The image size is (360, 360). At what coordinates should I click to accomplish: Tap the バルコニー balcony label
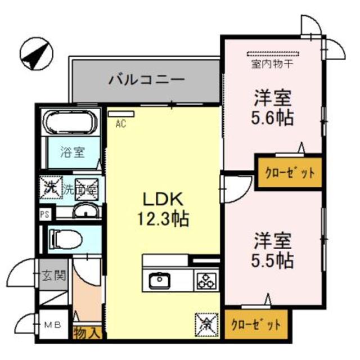[147, 79]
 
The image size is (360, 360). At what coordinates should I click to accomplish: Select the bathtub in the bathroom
[71, 122]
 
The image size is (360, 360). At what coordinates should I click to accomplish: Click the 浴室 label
[73, 152]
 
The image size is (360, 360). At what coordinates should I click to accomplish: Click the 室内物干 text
[274, 64]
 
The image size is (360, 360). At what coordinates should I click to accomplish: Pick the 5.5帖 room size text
[272, 260]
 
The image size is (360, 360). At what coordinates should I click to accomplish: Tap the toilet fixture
[66, 239]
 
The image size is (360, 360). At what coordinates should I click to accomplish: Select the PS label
[44, 214]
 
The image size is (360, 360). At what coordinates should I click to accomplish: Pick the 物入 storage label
[87, 332]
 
